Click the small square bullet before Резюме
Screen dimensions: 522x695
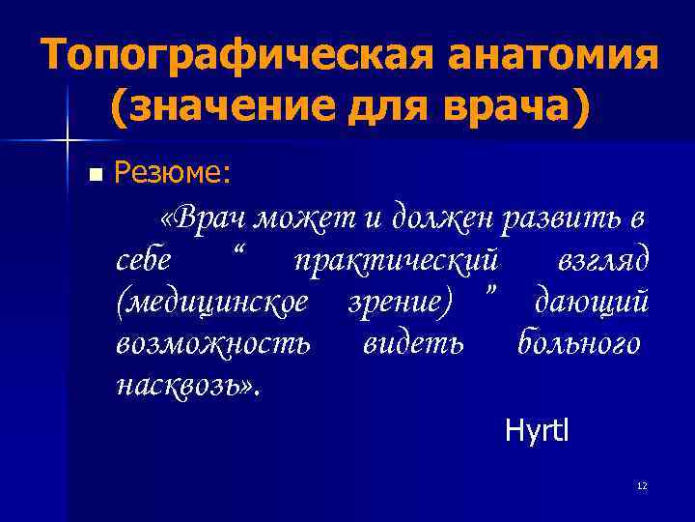click(94, 175)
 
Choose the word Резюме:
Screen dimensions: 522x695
click(172, 173)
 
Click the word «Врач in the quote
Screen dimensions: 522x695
click(204, 218)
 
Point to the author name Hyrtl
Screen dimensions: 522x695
click(537, 430)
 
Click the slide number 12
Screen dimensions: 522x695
click(642, 486)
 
